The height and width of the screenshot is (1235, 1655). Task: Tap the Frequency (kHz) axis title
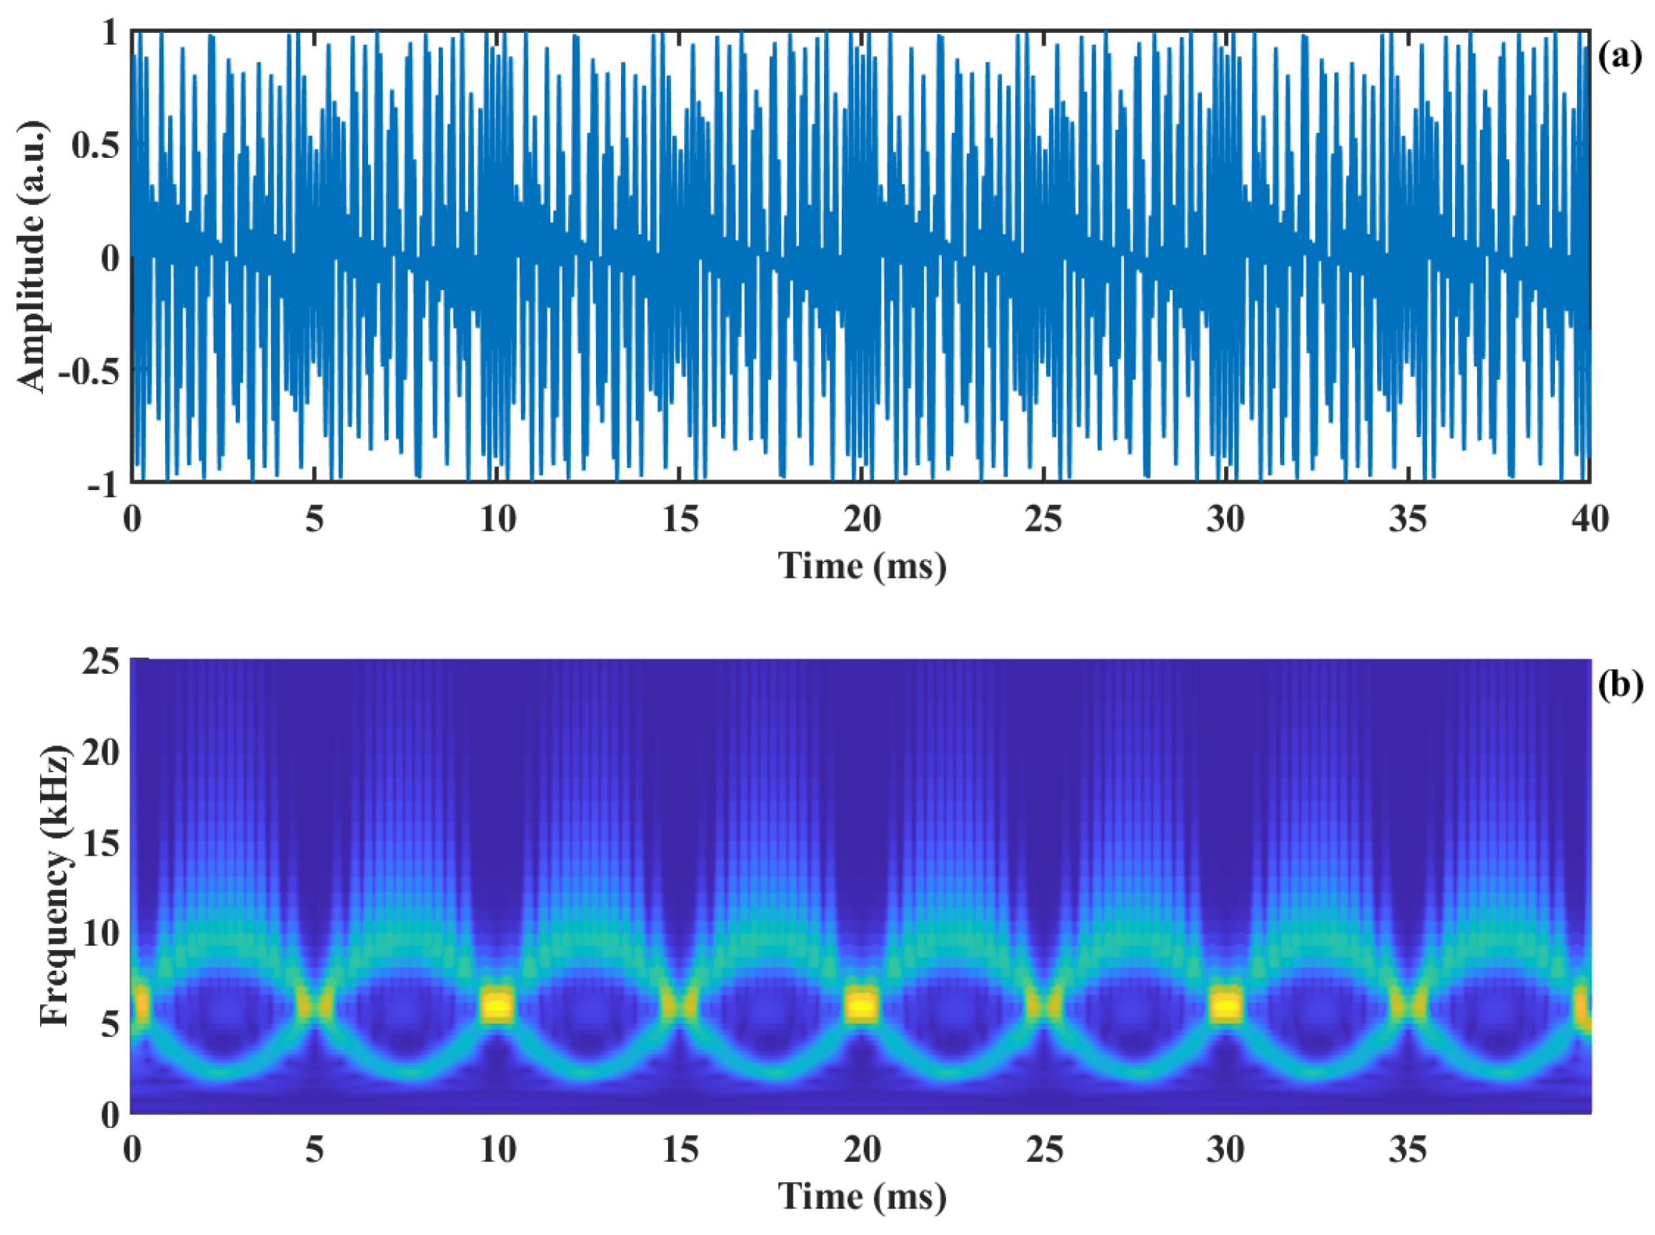click(x=56, y=886)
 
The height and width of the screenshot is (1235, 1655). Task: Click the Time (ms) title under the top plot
click(x=862, y=566)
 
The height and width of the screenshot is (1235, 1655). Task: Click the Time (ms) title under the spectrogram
click(x=862, y=1197)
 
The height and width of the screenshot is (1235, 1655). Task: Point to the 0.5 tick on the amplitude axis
click(x=95, y=145)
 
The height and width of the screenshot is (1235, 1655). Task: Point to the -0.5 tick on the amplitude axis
click(x=88, y=371)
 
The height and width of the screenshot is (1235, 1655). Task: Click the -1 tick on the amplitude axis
click(x=103, y=485)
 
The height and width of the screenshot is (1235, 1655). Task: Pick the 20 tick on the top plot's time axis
click(x=862, y=519)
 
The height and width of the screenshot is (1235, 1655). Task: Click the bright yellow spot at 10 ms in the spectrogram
click(x=497, y=1006)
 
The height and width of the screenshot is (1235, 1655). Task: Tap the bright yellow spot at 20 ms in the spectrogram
click(x=862, y=1006)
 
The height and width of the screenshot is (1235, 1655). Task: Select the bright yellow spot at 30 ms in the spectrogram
click(x=1226, y=1006)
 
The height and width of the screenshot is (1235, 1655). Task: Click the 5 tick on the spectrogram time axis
click(x=315, y=1149)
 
